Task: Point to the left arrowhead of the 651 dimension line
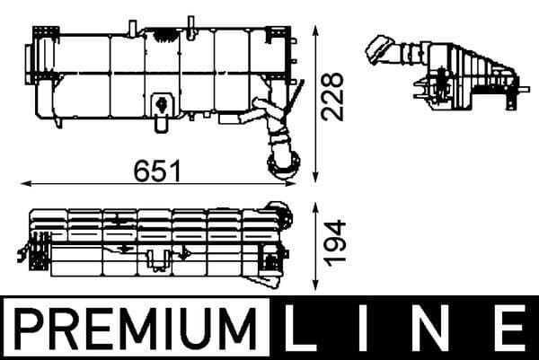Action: coord(23,183)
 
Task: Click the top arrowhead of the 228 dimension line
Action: coord(314,30)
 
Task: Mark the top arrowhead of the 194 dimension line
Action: coord(314,206)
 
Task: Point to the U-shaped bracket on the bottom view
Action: coord(158,262)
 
